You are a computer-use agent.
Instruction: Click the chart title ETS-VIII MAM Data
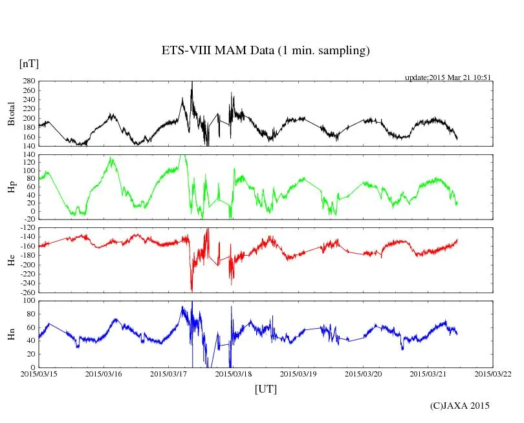click(265, 51)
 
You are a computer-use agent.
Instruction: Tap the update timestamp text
click(448, 77)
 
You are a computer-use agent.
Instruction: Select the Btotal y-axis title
click(11, 114)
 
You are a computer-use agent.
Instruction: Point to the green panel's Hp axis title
click(11, 187)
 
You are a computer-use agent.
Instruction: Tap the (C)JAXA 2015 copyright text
click(459, 406)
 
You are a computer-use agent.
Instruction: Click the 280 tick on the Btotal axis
click(28, 81)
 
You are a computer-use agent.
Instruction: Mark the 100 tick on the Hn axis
click(28, 301)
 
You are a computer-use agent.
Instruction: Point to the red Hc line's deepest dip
click(191, 290)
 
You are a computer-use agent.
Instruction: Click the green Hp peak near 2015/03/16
click(112, 158)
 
